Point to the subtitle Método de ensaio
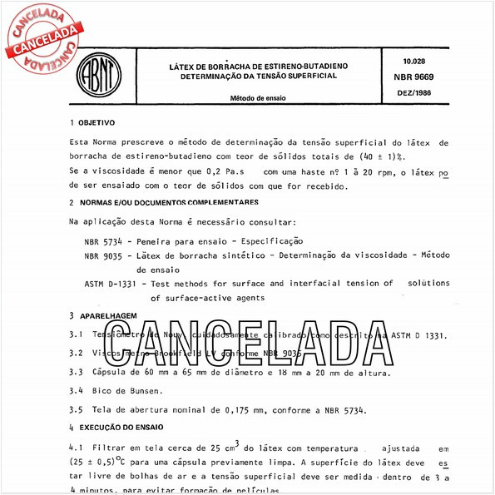pos(259,97)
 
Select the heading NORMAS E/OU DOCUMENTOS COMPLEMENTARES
pos(167,202)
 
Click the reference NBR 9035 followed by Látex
pos(104,255)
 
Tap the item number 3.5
pos(77,408)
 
